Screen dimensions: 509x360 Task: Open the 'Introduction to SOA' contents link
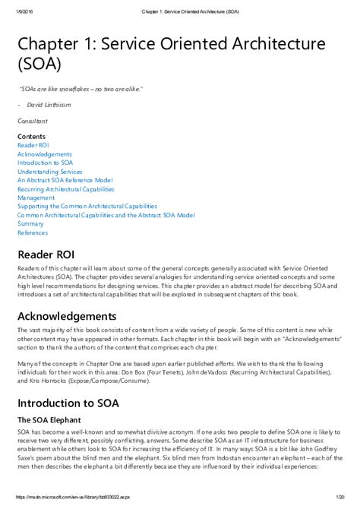coord(46,163)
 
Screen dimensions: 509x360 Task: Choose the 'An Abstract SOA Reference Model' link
coord(64,180)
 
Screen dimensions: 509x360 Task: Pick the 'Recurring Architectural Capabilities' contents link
coord(65,189)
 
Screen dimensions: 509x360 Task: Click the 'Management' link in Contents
coord(36,198)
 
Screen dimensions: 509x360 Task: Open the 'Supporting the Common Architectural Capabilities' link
coord(87,206)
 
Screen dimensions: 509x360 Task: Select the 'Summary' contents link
coord(30,223)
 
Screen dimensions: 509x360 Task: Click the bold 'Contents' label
coord(30,136)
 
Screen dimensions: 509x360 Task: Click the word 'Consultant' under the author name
coord(32,121)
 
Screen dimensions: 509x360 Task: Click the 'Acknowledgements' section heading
coord(67,316)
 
